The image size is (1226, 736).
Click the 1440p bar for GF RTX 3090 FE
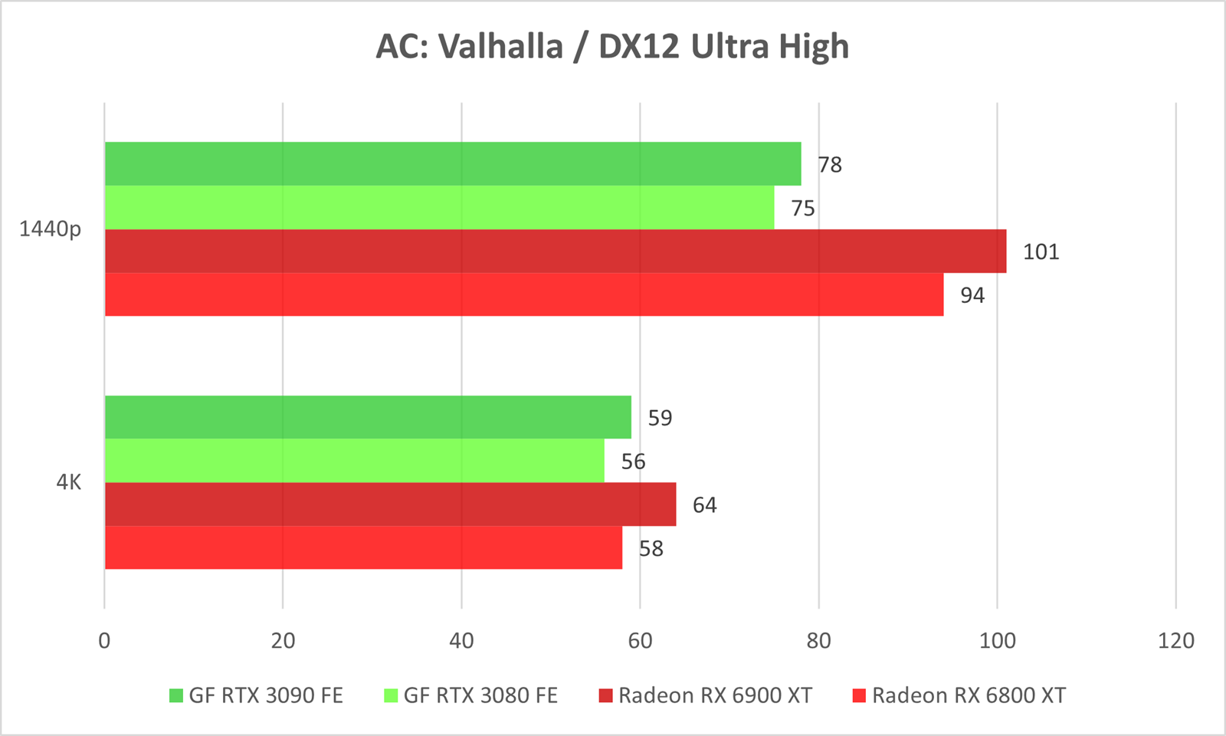click(452, 164)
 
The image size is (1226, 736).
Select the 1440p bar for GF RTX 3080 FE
click(439, 208)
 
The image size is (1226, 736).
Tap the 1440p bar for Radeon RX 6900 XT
click(555, 251)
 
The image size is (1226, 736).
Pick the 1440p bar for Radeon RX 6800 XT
click(523, 295)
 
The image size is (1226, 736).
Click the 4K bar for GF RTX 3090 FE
click(368, 417)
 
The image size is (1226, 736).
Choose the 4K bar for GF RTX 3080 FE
click(354, 461)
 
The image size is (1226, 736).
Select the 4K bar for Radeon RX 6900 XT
click(390, 504)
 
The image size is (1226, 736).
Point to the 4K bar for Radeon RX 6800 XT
click(363, 548)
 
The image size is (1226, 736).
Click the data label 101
click(1041, 252)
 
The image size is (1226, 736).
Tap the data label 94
click(972, 296)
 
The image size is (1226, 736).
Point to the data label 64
click(704, 505)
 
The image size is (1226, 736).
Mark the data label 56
click(633, 462)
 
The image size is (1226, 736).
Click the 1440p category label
click(50, 229)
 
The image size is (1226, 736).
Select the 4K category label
click(68, 483)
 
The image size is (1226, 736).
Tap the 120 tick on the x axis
click(1175, 641)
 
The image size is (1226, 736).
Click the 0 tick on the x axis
click(104, 641)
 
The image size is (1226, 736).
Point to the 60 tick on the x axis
click(640, 641)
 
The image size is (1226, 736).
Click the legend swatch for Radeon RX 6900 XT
click(606, 696)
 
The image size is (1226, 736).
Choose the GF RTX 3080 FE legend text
click(480, 696)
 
